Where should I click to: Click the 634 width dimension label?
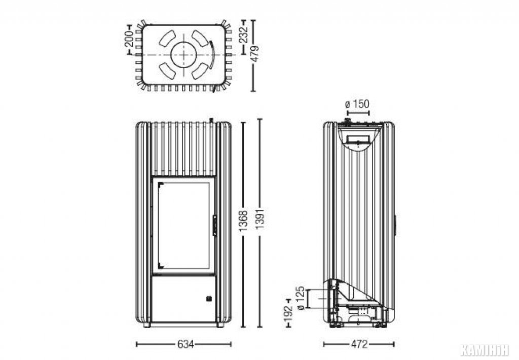tap(186, 344)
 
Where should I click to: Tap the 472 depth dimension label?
tap(359, 344)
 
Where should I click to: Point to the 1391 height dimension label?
tap(260, 218)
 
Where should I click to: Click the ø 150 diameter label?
tap(357, 104)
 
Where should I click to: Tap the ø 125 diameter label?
tap(301, 298)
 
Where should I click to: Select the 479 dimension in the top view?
tap(254, 53)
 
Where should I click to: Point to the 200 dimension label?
tap(129, 39)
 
